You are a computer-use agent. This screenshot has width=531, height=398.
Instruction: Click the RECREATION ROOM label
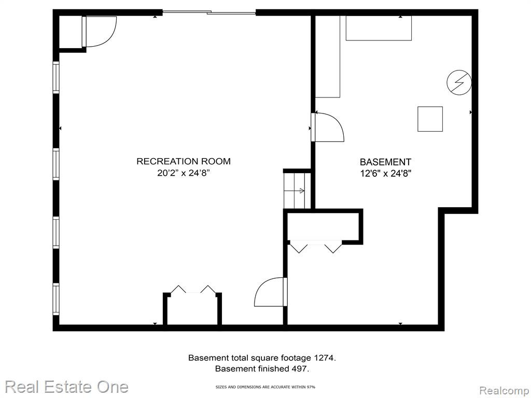point(184,162)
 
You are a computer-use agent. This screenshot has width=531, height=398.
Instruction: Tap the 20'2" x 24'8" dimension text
point(184,173)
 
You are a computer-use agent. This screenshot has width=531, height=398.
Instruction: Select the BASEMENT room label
point(385,162)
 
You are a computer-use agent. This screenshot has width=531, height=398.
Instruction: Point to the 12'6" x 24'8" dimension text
point(385,174)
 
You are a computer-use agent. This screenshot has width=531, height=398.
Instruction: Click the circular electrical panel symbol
point(459,82)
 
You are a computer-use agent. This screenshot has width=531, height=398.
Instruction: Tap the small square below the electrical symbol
point(430,119)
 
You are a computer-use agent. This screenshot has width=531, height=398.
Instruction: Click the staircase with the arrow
point(297,191)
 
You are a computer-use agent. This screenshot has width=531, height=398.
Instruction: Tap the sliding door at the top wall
point(209,13)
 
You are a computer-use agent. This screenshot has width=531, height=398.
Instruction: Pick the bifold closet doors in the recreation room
point(193,290)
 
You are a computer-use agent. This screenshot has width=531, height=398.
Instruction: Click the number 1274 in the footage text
point(325,358)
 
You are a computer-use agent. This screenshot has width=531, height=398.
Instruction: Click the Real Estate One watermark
point(67,387)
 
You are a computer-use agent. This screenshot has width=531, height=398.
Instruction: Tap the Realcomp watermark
point(505,391)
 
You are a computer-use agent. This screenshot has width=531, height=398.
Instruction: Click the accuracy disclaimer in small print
point(265,387)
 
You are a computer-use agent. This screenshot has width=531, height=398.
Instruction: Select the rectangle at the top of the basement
point(379,28)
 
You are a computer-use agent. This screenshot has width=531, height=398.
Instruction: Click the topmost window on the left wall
point(56,78)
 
